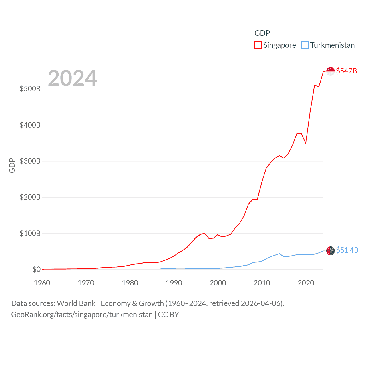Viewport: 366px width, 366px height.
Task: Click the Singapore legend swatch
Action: [258, 45]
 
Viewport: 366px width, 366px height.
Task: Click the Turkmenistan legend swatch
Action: [305, 45]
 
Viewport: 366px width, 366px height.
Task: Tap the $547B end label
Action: [346, 71]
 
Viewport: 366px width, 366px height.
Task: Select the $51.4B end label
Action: [347, 250]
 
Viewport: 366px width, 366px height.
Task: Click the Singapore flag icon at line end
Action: [330, 71]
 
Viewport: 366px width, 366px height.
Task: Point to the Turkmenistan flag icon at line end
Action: [330, 251]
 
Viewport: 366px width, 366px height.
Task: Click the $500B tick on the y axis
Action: [30, 89]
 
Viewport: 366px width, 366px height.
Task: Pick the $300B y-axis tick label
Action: [30, 161]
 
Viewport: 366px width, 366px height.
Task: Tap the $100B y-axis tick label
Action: [30, 233]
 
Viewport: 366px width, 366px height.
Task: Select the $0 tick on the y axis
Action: [36, 269]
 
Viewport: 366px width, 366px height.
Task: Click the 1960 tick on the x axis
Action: [42, 283]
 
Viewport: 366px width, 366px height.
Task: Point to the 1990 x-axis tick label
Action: [174, 283]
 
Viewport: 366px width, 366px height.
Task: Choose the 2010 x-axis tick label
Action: [262, 283]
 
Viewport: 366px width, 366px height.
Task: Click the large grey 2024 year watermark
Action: [72, 78]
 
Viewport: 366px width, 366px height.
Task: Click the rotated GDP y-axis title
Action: [12, 165]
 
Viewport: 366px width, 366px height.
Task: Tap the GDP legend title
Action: [262, 33]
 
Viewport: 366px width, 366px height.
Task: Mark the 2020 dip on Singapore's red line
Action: [306, 143]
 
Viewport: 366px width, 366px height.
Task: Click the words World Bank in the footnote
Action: [76, 303]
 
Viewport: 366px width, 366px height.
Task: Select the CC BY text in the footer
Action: [168, 315]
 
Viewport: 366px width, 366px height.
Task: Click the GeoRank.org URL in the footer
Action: [82, 315]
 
